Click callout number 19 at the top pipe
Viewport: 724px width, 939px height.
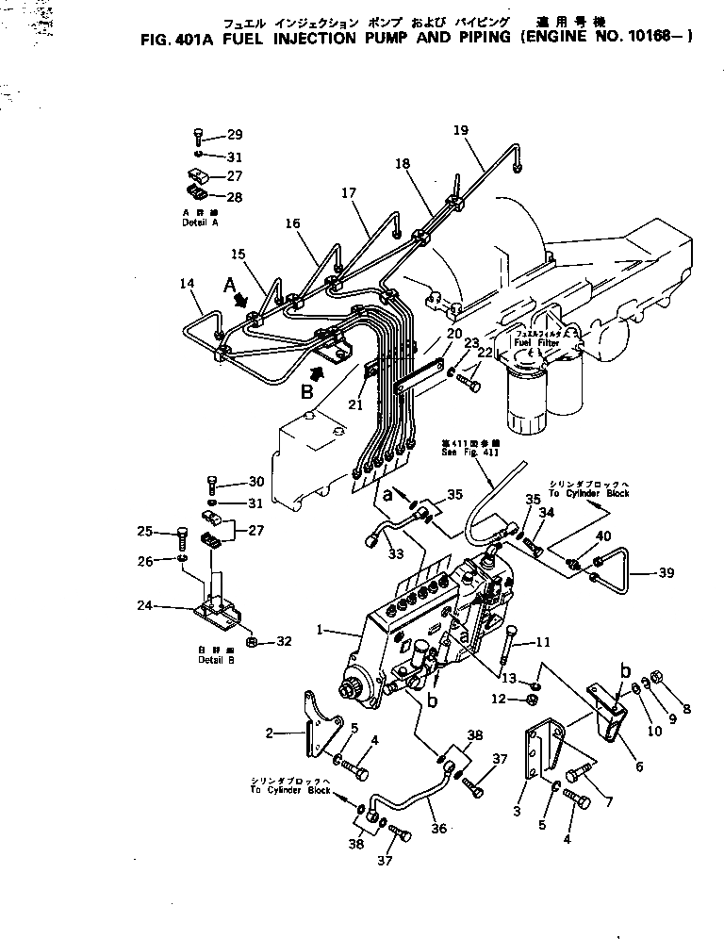pyautogui.click(x=460, y=130)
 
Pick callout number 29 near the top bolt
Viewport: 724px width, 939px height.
pyautogui.click(x=234, y=136)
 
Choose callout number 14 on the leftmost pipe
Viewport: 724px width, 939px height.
pyautogui.click(x=188, y=283)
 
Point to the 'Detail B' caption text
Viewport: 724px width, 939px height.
pyautogui.click(x=217, y=659)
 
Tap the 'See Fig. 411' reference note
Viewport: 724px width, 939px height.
pyautogui.click(x=461, y=446)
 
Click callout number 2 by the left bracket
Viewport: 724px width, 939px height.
pyautogui.click(x=270, y=733)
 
